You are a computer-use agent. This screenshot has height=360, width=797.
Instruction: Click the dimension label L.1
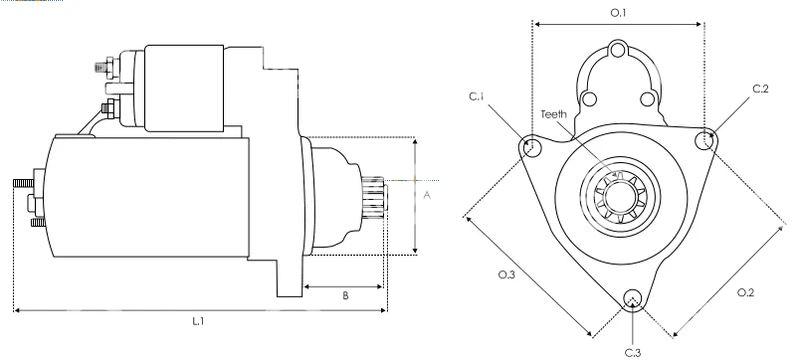coord(198,321)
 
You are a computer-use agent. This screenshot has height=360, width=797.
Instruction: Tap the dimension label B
coord(345,296)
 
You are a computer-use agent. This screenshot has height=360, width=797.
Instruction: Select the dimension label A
coord(427,196)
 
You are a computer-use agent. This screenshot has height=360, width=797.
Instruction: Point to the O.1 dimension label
coord(618,13)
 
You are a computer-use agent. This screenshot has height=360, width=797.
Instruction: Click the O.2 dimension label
coord(746,292)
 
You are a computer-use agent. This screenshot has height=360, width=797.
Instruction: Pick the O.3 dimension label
coord(507,275)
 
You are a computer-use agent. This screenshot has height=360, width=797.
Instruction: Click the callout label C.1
coord(476,97)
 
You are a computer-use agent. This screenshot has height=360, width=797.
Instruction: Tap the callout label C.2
coord(760,88)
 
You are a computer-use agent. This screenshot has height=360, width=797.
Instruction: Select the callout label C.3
coord(633,352)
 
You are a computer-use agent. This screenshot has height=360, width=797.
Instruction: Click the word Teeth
coord(554,114)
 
